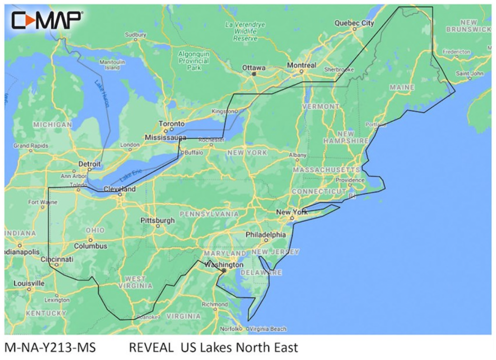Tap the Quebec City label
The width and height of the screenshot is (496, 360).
point(354,23)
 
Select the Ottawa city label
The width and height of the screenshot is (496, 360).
point(253,67)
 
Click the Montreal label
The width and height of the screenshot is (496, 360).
point(301,65)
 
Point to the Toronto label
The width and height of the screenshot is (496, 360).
point(171,124)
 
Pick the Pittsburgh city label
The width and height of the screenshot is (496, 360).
point(157,220)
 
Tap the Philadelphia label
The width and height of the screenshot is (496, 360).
point(266,234)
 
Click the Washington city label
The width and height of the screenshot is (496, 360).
point(224,265)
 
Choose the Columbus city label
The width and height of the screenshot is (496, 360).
point(90,246)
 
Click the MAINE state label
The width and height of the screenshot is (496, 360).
point(402,87)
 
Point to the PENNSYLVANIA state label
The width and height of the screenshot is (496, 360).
point(209,214)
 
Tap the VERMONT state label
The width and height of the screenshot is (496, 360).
point(320,107)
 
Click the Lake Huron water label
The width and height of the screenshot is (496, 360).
point(102,93)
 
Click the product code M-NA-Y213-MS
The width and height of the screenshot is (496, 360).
point(50,348)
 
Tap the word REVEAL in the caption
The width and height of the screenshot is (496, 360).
point(151,348)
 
